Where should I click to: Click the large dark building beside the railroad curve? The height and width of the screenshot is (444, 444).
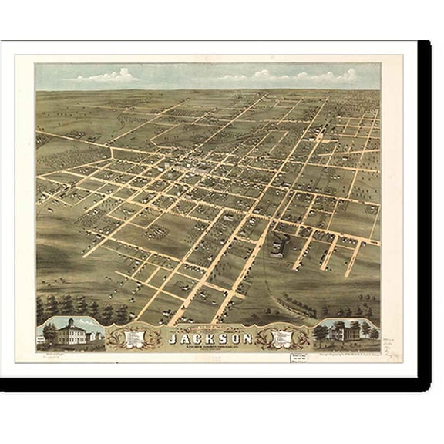click(x=278, y=246)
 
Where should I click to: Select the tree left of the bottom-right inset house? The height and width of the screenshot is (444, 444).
click(x=323, y=332)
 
